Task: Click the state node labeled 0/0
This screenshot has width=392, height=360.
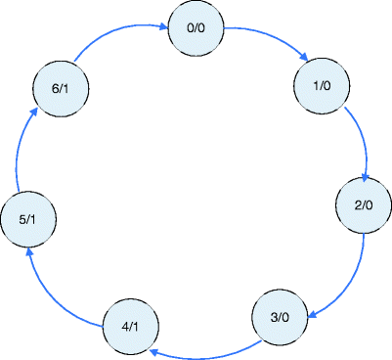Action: pos(196,29)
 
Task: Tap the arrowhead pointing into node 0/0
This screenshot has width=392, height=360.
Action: pos(163,29)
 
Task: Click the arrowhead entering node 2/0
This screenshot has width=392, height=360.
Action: pos(365,177)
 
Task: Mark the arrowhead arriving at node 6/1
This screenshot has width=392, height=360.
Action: pos(35,111)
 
